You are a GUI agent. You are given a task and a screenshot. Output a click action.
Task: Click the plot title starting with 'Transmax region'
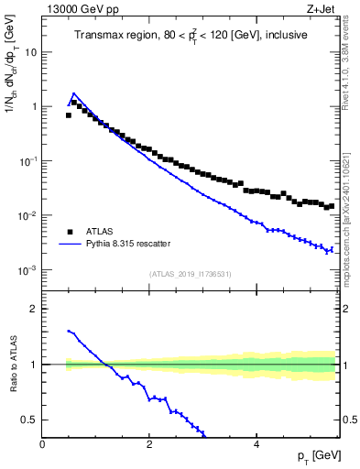pyautogui.click(x=191, y=35)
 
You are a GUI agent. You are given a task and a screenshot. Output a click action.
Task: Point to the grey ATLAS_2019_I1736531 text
pyautogui.click(x=191, y=274)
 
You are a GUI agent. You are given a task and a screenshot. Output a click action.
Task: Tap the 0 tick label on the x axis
pyautogui.click(x=43, y=444)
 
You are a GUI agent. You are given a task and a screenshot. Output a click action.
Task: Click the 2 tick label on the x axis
pyautogui.click(x=149, y=444)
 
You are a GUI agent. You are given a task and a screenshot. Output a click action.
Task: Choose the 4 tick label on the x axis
pyautogui.click(x=256, y=444)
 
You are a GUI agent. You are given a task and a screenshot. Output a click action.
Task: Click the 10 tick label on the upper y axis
pyautogui.click(x=31, y=51)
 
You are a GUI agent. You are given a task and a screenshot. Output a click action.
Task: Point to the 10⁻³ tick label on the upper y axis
pyautogui.click(x=28, y=270)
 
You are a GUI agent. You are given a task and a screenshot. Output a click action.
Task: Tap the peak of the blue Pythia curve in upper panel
pyautogui.click(x=74, y=93)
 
